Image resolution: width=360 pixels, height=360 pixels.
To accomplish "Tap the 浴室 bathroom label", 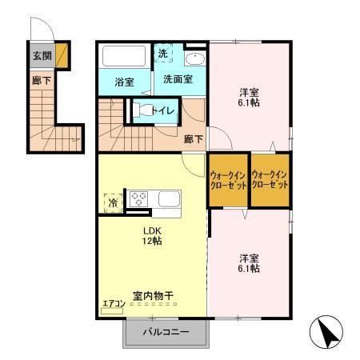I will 123,82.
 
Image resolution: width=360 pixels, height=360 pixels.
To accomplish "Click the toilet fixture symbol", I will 138,110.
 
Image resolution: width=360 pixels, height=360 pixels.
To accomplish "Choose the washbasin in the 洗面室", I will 194,59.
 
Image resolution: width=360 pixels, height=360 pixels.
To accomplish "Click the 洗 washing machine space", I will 162,54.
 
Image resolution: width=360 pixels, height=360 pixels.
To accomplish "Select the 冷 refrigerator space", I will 113,202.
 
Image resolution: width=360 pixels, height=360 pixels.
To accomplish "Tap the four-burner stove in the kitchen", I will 140,198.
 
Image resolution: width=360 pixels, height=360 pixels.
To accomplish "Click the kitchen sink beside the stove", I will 168,198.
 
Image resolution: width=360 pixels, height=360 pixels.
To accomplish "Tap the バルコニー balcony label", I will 166,332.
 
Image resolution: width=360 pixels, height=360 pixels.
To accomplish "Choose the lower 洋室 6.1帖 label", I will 248,263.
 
